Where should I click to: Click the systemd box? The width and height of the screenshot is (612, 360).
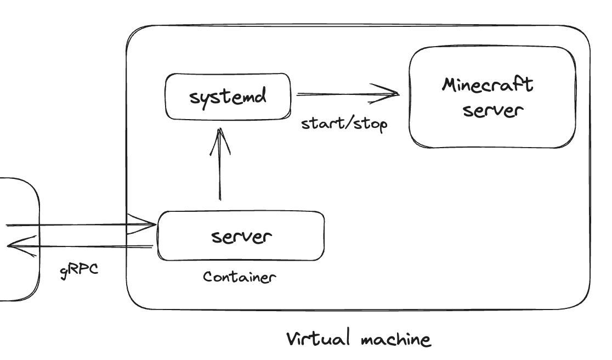(x=228, y=97)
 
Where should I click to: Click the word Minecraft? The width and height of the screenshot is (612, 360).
(x=488, y=85)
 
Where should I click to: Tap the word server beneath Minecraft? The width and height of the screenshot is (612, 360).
(x=492, y=110)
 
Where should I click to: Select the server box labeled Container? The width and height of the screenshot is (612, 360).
(x=241, y=236)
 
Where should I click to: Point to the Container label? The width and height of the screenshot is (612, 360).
(x=240, y=277)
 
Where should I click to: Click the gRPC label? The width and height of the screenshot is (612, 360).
(x=80, y=271)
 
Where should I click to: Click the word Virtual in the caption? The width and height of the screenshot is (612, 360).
(x=319, y=338)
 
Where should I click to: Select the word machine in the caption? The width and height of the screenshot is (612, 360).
(x=395, y=339)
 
